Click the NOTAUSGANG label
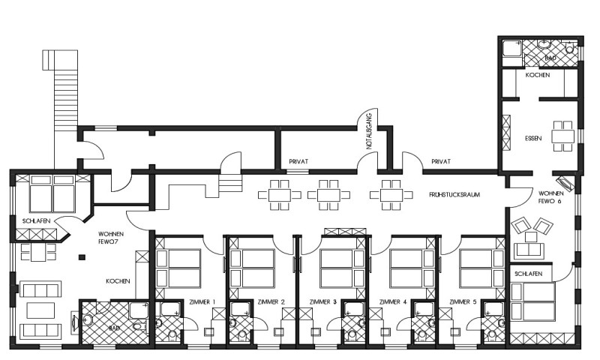[369, 130]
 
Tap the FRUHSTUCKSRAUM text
[454, 195]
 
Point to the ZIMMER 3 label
[323, 301]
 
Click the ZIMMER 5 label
[463, 301]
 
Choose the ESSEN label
[533, 139]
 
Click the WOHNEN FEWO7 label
[111, 237]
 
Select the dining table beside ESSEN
[563, 136]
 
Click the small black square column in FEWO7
[82, 257]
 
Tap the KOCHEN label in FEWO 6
[538, 75]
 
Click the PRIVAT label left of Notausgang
[298, 162]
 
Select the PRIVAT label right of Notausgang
[441, 162]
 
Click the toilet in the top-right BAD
[570, 47]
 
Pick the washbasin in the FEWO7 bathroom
[88, 319]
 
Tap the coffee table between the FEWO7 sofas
[40, 310]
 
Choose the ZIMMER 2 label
[271, 301]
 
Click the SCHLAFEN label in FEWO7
[36, 221]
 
